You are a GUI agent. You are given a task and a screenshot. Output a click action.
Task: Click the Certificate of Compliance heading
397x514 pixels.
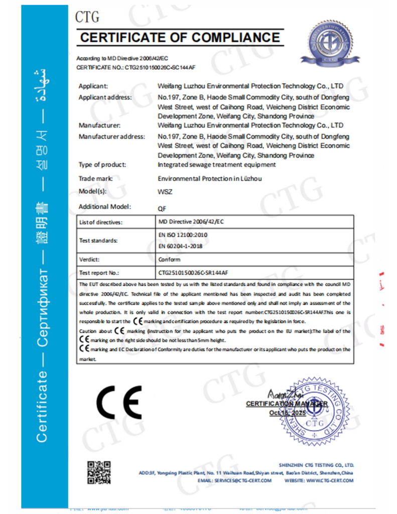(x=180, y=37)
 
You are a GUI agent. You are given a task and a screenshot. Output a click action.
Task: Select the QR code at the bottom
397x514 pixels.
(x=98, y=472)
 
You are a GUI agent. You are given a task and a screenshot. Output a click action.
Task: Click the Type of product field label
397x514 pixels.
(x=102, y=165)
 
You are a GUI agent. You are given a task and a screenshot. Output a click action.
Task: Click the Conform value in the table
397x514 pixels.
(x=169, y=260)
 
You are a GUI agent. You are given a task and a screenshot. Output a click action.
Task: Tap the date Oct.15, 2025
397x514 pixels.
(x=287, y=413)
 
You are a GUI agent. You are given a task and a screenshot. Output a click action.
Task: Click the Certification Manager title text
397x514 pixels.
(x=287, y=404)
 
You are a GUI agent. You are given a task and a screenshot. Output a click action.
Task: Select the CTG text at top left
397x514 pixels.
(x=87, y=18)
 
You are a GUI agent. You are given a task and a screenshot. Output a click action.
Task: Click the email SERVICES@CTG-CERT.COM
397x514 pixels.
(x=242, y=480)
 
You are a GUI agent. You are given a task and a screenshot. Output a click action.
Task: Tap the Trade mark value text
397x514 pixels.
(x=210, y=178)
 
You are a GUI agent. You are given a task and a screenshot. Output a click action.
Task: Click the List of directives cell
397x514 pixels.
(x=101, y=222)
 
